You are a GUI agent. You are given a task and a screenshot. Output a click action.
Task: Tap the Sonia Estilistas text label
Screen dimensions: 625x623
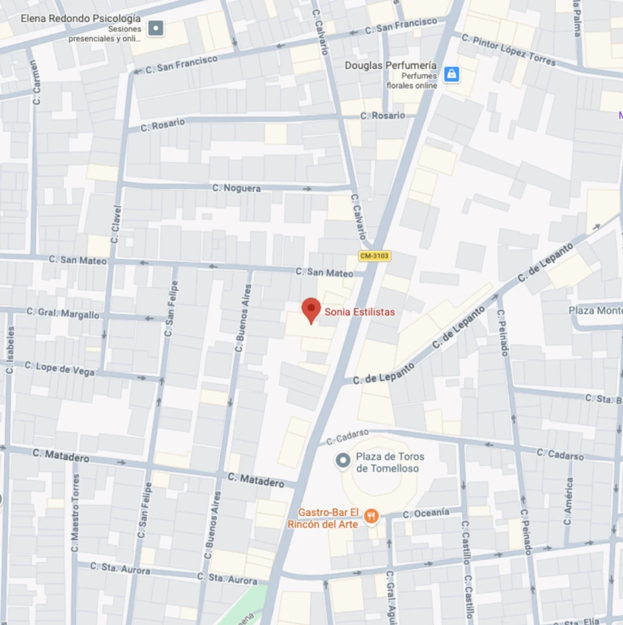[x=359, y=312]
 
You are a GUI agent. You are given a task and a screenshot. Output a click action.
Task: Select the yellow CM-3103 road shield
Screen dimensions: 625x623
[x=375, y=256]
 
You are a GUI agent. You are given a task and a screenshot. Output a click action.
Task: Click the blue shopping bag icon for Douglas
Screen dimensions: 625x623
[x=452, y=74]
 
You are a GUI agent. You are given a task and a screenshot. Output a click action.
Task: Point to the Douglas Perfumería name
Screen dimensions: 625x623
[x=391, y=65]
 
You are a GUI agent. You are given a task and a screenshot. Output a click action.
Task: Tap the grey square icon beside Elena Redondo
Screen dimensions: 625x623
[x=155, y=28]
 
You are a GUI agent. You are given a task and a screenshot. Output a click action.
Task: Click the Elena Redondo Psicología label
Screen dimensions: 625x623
[x=80, y=18]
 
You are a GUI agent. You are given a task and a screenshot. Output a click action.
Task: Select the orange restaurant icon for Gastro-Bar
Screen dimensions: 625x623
[x=371, y=515]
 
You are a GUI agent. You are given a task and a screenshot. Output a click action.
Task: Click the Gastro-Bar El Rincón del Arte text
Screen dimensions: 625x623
[x=328, y=518]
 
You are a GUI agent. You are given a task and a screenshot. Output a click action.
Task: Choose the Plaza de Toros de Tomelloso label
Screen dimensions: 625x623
[x=390, y=461]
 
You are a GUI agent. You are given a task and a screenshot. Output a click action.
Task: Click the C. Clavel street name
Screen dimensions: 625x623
[x=116, y=224]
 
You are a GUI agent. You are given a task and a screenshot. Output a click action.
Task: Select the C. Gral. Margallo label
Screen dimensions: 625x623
[x=63, y=313]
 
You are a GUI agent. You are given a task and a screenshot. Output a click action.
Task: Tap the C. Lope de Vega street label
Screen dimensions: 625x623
[x=60, y=369]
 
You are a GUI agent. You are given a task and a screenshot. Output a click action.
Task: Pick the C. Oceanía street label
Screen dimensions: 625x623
[x=426, y=513]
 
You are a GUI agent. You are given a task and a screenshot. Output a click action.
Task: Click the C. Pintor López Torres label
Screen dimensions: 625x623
[x=508, y=50]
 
